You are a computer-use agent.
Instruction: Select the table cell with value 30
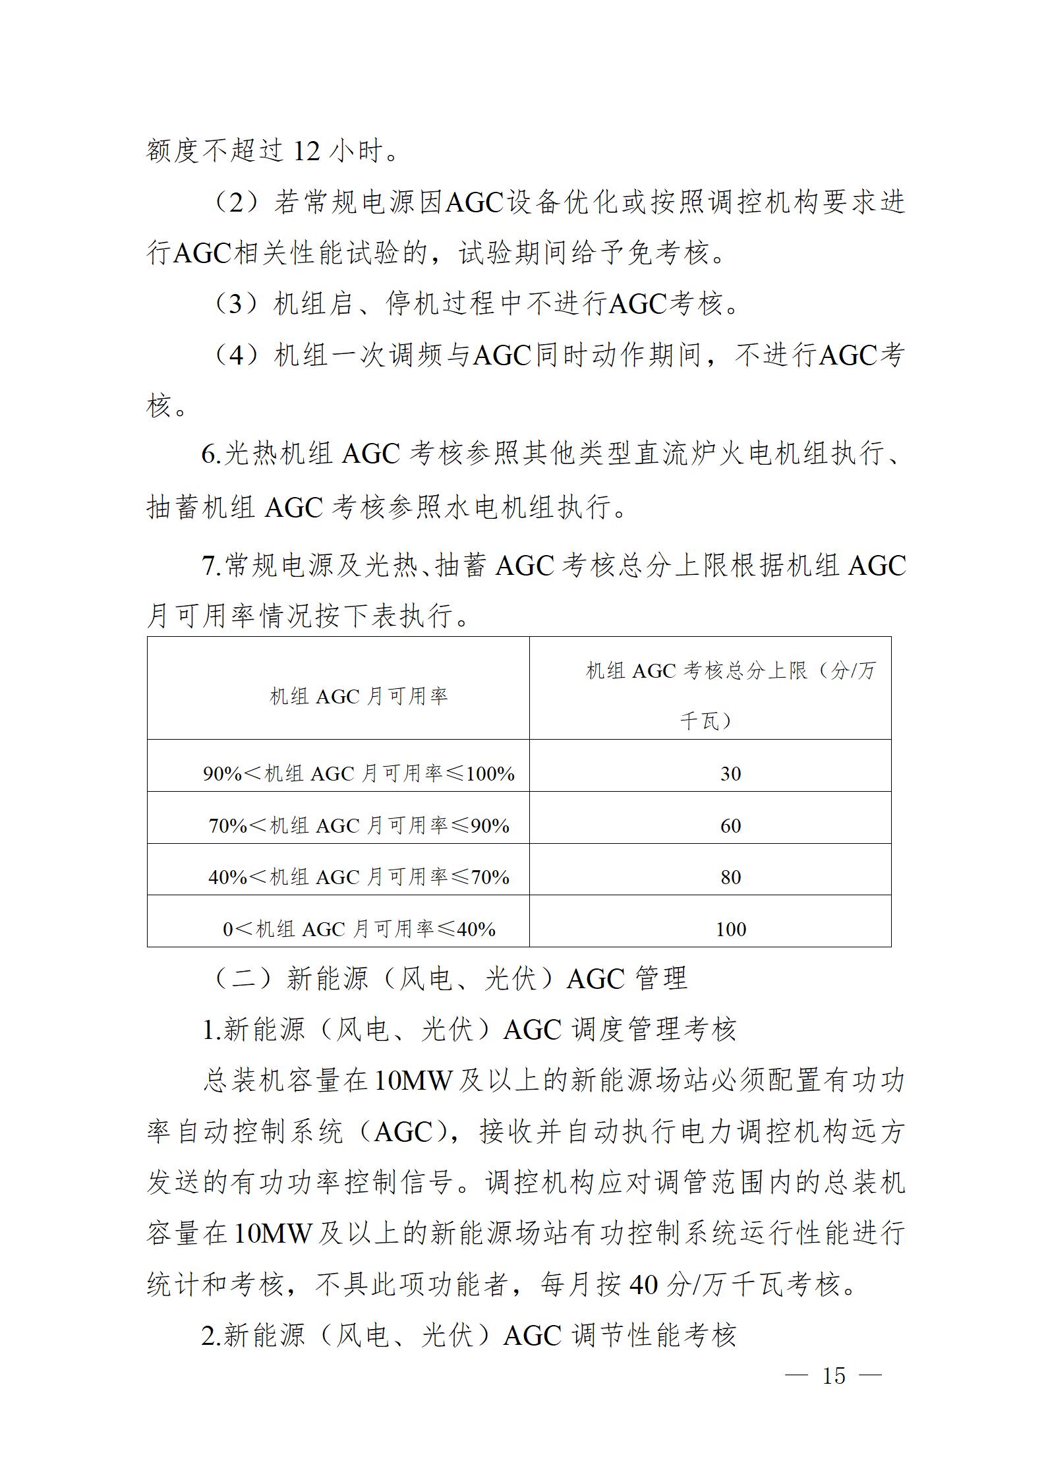(730, 774)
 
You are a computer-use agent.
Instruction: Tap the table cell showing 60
(730, 826)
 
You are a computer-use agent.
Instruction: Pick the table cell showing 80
(730, 877)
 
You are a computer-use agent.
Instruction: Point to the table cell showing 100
(730, 930)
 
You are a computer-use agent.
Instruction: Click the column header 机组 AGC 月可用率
(359, 696)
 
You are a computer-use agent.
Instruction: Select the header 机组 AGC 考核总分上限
(730, 672)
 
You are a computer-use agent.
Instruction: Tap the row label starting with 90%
(359, 774)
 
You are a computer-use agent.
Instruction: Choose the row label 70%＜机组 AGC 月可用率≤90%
(359, 826)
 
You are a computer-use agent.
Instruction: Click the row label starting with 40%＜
(359, 877)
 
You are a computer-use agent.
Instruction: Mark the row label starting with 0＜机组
(359, 930)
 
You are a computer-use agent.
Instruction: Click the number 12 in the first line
(306, 152)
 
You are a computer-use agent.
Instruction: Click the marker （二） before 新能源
(241, 978)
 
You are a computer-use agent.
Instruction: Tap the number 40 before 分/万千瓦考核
(644, 1284)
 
